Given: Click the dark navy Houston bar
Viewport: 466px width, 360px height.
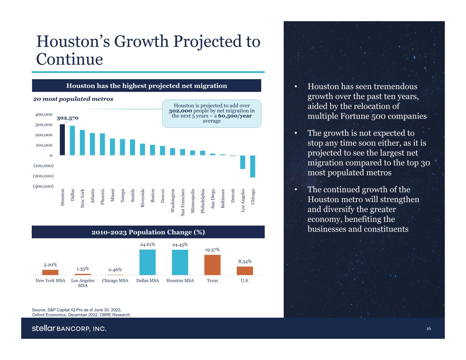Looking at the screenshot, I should (62, 140).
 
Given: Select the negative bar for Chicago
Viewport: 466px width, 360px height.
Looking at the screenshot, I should (253, 166).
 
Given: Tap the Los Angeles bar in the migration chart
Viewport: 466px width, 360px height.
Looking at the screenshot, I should (243, 162).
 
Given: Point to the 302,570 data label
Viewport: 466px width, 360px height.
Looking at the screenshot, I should (68, 118).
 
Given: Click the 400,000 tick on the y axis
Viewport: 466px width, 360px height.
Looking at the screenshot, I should (44, 115).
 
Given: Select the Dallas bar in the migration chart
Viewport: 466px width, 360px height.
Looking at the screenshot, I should (72, 141).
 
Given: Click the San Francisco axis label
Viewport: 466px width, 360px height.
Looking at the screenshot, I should (183, 202).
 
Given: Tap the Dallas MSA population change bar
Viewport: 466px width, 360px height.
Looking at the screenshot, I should (147, 262).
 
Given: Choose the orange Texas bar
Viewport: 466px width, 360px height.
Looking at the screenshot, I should (212, 265).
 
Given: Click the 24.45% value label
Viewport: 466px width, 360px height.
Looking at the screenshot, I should (180, 245).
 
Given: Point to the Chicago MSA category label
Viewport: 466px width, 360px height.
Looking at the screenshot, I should (115, 280).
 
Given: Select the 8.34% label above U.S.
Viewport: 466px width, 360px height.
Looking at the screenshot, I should (245, 261).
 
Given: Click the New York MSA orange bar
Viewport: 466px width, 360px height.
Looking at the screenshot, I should (50, 272).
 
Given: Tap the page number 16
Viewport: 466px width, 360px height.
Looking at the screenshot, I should (428, 329).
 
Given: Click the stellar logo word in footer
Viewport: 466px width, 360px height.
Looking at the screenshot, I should (43, 328).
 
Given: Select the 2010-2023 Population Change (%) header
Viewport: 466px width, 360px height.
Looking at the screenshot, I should (148, 232).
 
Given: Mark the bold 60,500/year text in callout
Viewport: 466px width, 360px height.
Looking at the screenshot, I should (235, 116).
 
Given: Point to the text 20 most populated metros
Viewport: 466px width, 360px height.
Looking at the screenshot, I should (73, 99).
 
